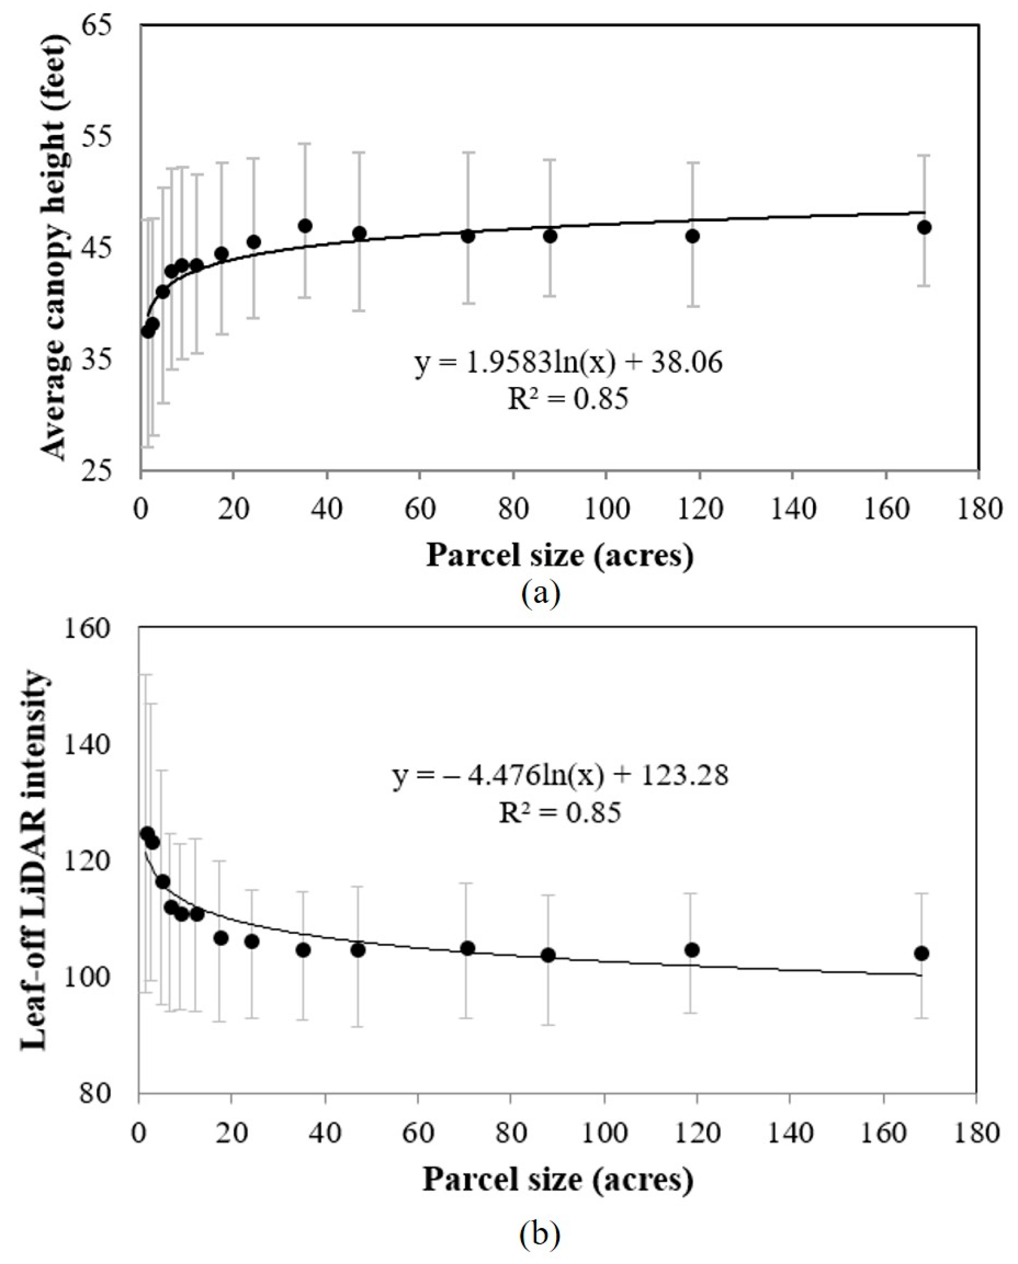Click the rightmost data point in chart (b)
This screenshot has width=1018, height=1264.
click(921, 954)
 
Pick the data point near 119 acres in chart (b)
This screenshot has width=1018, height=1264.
click(692, 950)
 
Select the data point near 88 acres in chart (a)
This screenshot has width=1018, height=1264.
click(550, 236)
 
